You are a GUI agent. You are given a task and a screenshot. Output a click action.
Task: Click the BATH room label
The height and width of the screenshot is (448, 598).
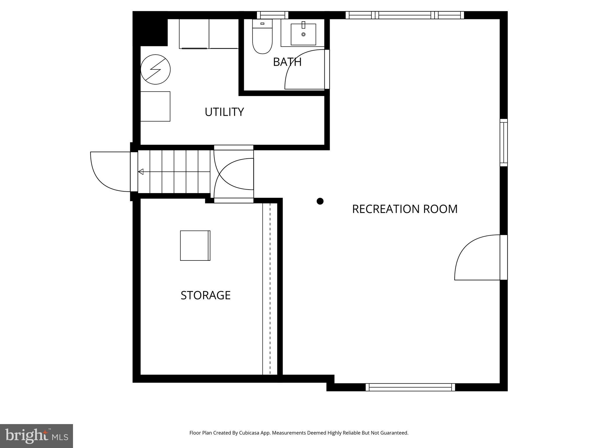(287, 62)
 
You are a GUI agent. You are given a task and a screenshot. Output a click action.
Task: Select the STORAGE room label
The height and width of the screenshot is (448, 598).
(206, 295)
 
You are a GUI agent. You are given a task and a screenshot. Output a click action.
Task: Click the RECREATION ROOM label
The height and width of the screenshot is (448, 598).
(405, 209)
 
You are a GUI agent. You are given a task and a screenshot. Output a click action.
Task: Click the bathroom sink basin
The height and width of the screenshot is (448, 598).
(303, 34)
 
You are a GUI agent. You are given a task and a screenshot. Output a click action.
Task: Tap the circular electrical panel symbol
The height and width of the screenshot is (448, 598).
(155, 69)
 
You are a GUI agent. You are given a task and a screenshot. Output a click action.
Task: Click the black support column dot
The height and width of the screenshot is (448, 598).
(320, 201)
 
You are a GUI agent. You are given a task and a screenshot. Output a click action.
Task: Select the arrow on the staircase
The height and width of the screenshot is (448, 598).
(141, 172)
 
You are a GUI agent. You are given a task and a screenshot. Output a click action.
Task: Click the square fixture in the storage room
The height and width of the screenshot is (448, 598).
(195, 246)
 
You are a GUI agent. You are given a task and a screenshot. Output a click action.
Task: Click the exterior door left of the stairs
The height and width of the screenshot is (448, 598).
(109, 172)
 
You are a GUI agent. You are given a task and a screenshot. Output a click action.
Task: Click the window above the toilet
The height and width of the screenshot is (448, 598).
(272, 15)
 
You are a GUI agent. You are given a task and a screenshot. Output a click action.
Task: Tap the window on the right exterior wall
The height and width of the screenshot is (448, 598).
(504, 143)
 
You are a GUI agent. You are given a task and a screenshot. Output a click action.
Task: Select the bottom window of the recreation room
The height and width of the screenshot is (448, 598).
(410, 387)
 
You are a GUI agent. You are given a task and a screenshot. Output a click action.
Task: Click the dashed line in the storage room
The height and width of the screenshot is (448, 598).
(270, 289)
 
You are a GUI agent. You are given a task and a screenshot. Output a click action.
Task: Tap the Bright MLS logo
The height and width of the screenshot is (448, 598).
(36, 436)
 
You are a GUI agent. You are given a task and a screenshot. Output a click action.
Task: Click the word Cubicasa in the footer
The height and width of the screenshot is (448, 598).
(250, 433)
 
